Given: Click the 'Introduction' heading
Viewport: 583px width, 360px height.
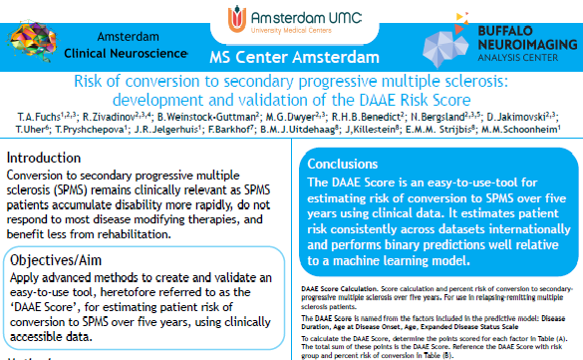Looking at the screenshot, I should click(45, 158).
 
